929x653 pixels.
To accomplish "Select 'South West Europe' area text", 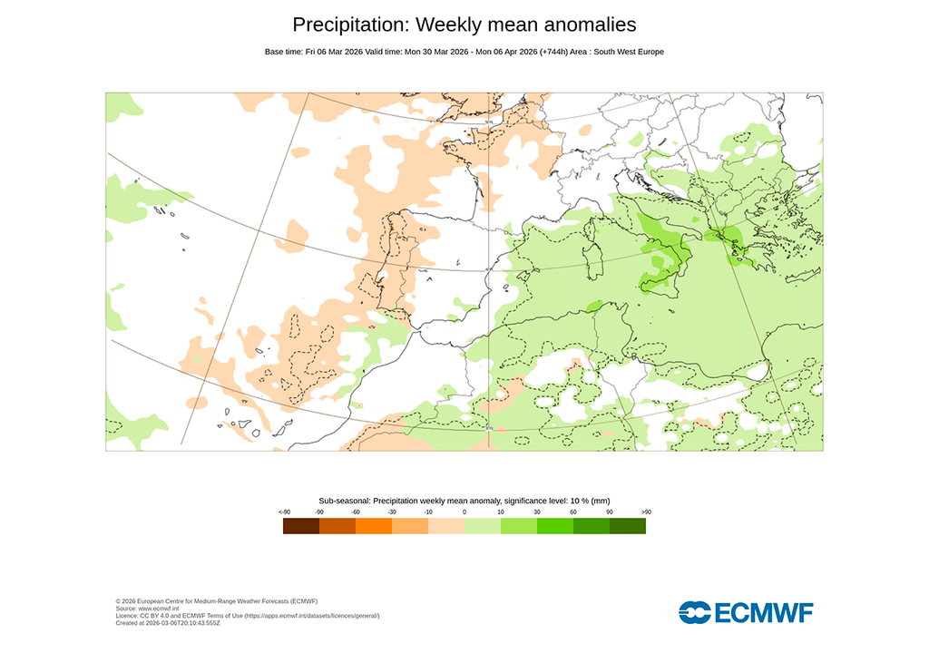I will click(629, 52).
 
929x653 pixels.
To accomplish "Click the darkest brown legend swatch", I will click(301, 526).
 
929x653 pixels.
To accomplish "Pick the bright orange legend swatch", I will click(374, 526).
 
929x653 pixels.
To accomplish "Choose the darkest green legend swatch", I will click(628, 526).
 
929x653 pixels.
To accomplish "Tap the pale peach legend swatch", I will click(446, 526).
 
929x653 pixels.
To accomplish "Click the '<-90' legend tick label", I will click(284, 512).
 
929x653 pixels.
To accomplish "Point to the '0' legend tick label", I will click(464, 512).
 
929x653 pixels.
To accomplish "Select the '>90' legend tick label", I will click(646, 512).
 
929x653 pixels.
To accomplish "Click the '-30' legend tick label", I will click(392, 512).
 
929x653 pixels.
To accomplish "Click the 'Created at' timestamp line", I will click(168, 623).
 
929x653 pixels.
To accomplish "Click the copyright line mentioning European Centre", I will click(217, 601).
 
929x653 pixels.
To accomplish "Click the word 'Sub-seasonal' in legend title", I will click(344, 501).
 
